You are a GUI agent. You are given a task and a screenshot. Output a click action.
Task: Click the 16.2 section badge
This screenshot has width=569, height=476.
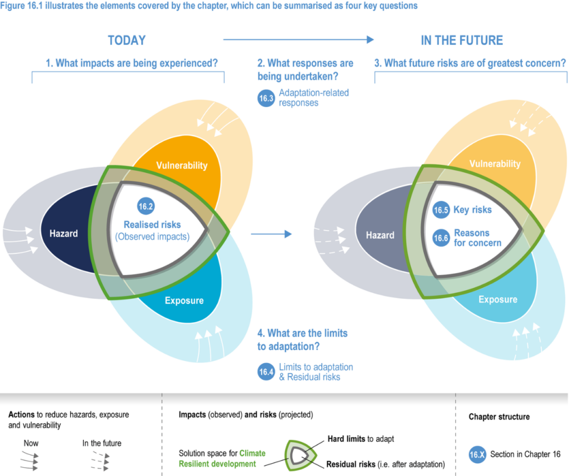(146, 206)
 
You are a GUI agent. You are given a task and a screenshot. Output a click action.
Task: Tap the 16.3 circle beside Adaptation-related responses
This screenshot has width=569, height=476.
(267, 98)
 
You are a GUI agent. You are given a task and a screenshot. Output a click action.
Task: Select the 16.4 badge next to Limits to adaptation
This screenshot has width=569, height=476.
(267, 372)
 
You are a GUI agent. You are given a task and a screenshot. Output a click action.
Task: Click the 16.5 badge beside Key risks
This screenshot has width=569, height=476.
(441, 211)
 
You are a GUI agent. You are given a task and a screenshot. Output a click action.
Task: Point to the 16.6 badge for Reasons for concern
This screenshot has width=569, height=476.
(441, 238)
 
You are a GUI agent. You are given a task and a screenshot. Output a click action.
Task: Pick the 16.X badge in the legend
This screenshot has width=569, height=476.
(477, 454)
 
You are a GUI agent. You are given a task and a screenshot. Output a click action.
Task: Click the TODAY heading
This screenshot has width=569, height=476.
(127, 41)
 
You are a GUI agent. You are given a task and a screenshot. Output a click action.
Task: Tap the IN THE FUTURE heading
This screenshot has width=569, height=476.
(462, 41)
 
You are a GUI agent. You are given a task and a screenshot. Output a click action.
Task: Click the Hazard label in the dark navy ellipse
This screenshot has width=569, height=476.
(63, 233)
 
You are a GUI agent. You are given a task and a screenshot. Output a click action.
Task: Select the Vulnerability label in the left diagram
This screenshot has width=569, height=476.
(182, 166)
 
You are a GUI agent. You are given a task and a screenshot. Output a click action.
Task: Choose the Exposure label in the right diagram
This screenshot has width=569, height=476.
(498, 299)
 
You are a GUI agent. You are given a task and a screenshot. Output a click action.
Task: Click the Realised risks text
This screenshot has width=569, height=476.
(152, 225)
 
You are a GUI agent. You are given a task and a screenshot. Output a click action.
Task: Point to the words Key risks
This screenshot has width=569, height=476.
(473, 211)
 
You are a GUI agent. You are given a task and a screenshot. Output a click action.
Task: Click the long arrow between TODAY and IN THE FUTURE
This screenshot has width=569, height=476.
(298, 39)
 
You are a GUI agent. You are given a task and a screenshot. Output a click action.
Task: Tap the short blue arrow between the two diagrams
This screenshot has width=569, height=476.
(271, 234)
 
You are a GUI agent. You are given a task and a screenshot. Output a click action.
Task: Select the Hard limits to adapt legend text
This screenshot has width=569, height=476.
(361, 439)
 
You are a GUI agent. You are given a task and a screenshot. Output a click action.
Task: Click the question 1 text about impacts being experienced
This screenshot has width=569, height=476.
(131, 63)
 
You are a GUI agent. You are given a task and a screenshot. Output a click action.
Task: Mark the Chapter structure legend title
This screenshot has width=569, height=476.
(499, 417)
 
